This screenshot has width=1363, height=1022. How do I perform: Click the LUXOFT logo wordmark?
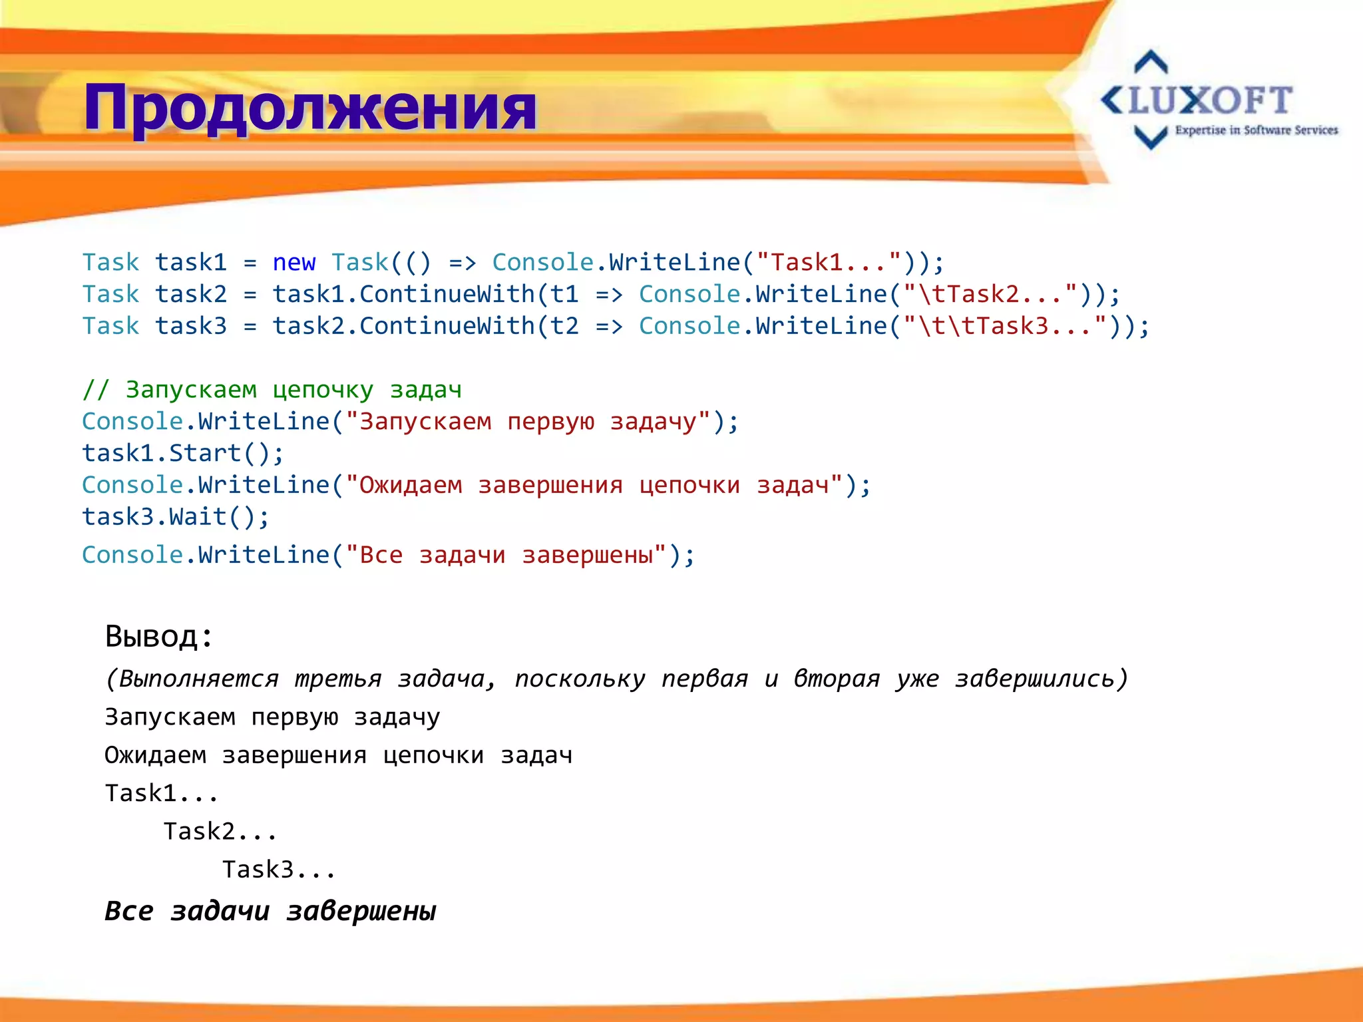[1198, 101]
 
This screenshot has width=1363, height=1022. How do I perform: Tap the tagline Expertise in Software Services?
[1256, 130]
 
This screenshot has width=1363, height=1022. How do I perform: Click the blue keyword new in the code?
[293, 263]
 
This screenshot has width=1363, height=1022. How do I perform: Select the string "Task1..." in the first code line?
[837, 263]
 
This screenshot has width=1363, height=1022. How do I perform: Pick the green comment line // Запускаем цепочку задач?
[272, 389]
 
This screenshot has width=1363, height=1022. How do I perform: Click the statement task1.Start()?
[182, 453]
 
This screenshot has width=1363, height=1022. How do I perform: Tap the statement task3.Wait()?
[176, 517]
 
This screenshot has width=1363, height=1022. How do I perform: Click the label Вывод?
[159, 636]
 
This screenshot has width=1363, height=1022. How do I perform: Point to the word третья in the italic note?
[338, 679]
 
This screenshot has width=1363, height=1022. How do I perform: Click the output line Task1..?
[162, 793]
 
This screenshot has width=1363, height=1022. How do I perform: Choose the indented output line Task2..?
[220, 831]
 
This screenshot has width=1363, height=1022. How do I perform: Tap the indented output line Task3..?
[279, 870]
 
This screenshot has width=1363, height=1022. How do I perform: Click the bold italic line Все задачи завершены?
[270, 911]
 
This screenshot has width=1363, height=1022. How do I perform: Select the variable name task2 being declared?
[191, 294]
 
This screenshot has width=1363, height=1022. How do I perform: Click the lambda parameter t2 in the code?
[564, 326]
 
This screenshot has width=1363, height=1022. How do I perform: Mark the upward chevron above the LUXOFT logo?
[1151, 62]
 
